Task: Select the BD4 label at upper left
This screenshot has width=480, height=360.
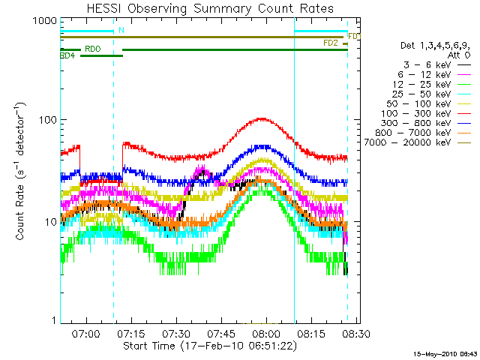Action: pos(67,55)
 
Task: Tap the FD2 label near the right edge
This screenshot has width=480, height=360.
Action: pos(330,43)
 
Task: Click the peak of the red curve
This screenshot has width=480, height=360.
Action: pos(262,118)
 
